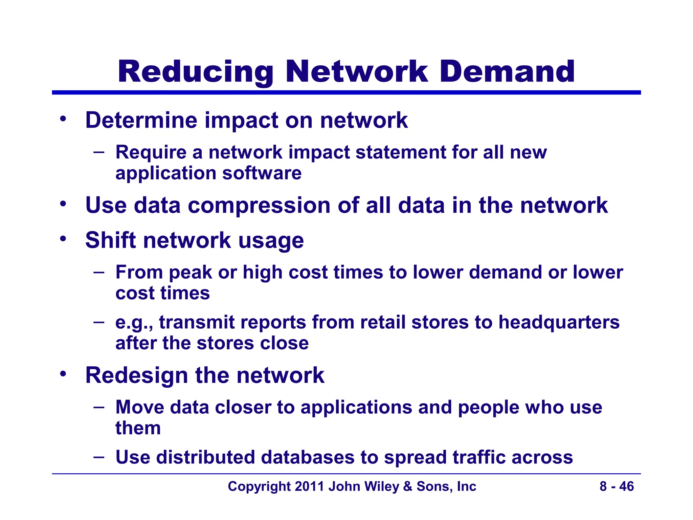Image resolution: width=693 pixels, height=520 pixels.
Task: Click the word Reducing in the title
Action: [195, 72]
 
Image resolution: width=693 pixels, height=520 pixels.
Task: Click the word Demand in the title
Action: [507, 72]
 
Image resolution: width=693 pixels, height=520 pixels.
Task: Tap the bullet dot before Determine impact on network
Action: [63, 119]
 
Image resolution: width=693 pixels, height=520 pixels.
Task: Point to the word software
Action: [262, 173]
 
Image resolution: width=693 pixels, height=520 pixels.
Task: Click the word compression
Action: [259, 206]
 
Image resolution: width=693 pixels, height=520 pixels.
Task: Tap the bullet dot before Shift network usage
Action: [63, 239]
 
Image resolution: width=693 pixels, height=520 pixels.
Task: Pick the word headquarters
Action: [559, 322]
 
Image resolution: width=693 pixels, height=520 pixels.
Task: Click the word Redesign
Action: [137, 375]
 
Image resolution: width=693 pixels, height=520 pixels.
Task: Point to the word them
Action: [138, 428]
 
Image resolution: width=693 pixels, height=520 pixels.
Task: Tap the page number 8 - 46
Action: [617, 486]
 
